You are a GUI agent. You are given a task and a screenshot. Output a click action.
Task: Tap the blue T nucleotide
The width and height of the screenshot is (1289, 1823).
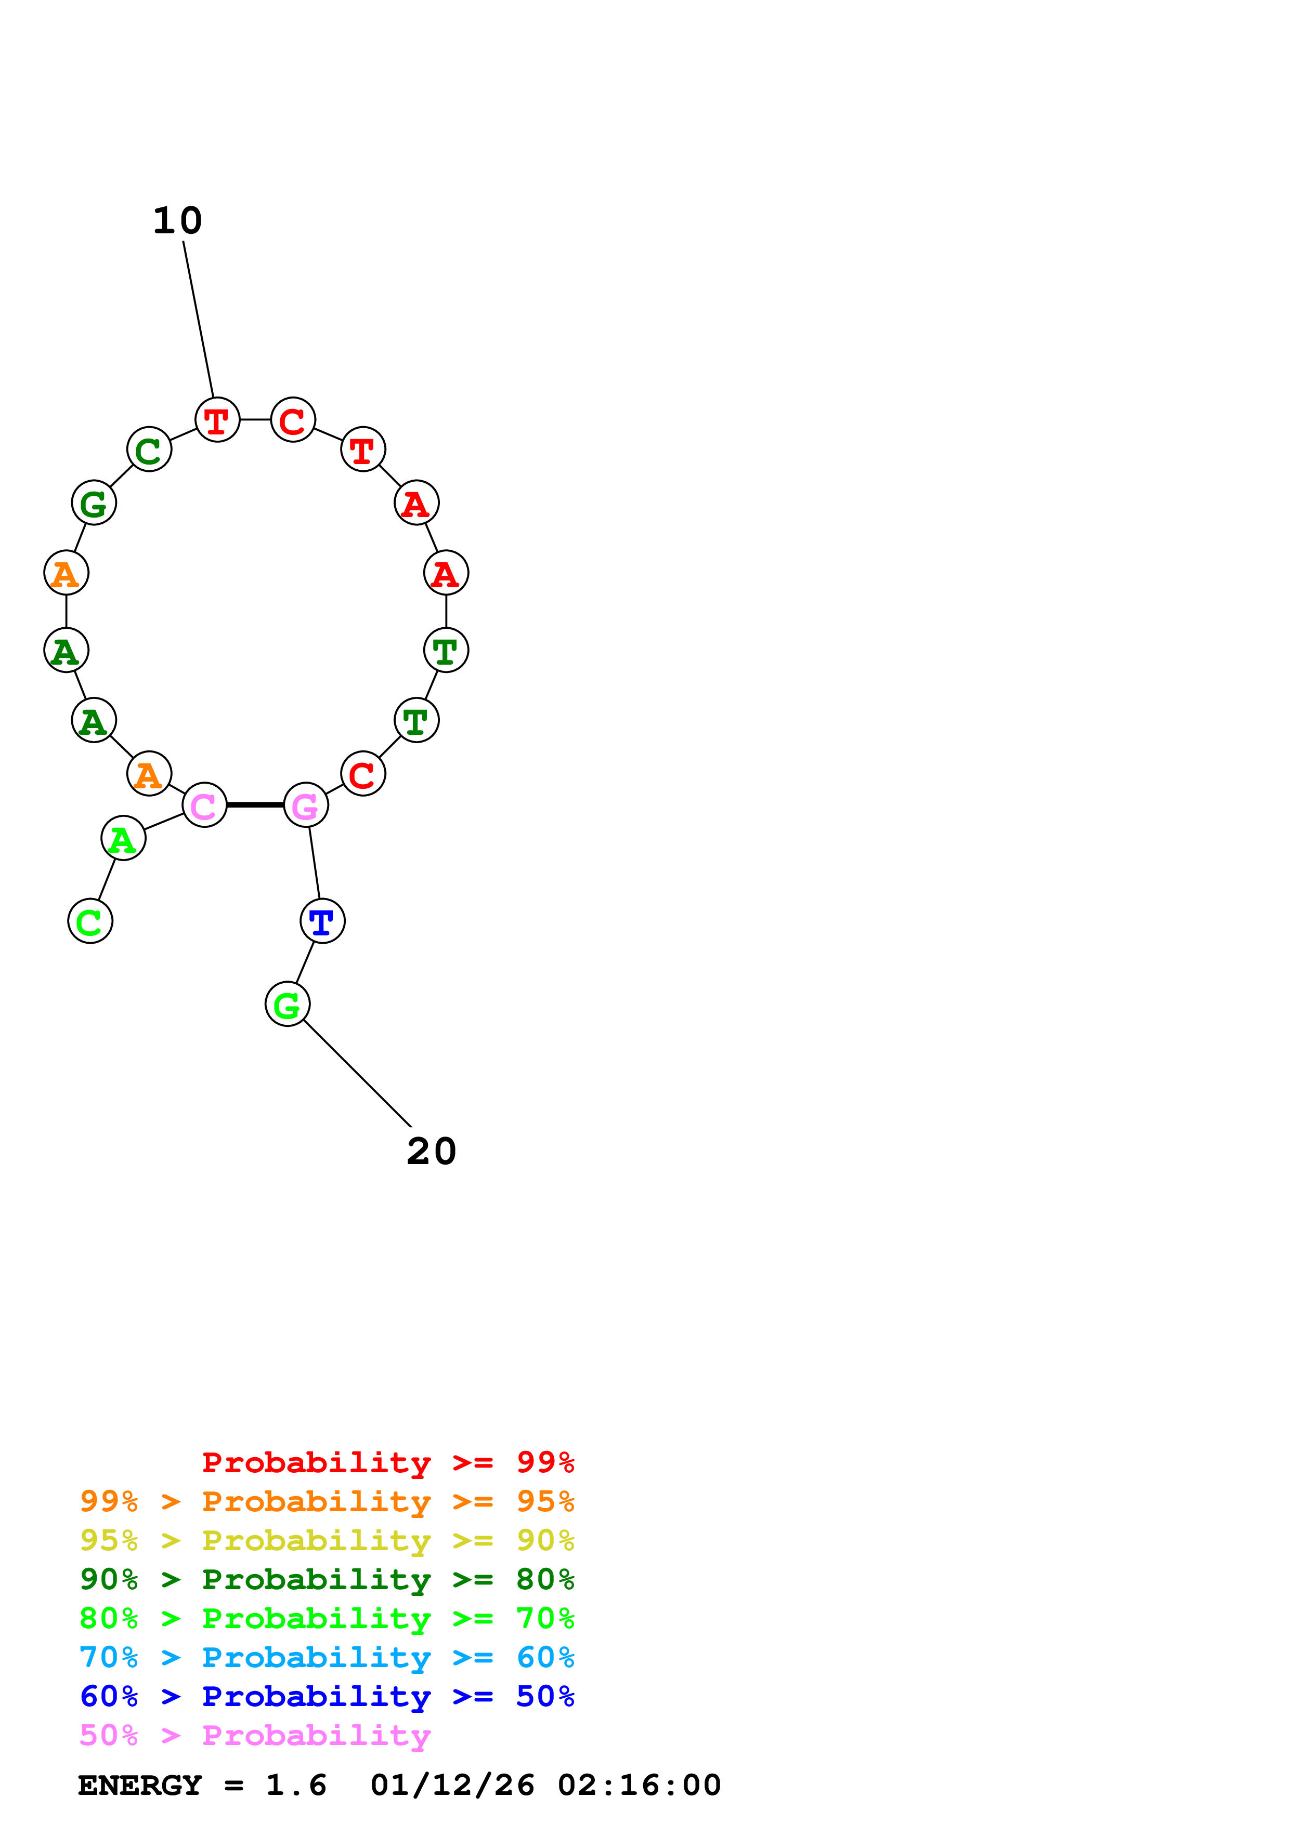click(x=322, y=921)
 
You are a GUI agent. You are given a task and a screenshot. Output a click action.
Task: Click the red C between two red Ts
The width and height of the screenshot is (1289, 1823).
click(x=293, y=419)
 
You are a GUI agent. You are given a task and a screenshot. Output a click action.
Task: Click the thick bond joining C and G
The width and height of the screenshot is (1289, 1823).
click(x=255, y=804)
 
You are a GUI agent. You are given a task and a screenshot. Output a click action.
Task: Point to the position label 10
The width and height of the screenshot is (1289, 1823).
click(x=177, y=221)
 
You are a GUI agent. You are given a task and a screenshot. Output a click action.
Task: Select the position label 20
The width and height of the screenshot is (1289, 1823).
click(x=431, y=1151)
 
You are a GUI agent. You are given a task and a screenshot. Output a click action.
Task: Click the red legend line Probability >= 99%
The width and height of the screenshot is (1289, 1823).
click(x=387, y=1462)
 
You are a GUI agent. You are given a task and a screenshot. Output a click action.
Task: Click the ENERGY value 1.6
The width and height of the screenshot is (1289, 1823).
click(x=295, y=1785)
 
